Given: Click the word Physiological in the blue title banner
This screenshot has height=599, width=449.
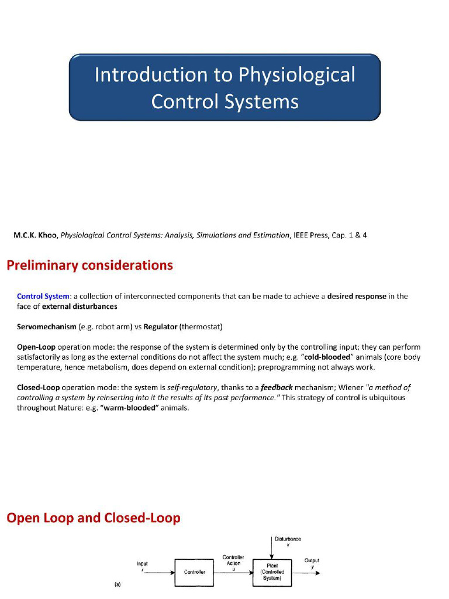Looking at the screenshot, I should pyautogui.click(x=296, y=75).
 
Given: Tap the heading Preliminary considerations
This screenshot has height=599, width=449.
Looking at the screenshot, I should pyautogui.click(x=89, y=265).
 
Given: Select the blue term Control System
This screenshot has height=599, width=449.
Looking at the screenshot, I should pyautogui.click(x=43, y=296).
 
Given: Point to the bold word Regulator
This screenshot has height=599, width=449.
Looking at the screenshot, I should pyautogui.click(x=160, y=326).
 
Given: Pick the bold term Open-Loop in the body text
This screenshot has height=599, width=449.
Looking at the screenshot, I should pyautogui.click(x=36, y=347).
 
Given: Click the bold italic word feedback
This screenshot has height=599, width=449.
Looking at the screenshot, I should pyautogui.click(x=277, y=387).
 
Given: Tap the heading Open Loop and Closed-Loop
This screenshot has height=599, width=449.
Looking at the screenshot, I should pyautogui.click(x=93, y=518).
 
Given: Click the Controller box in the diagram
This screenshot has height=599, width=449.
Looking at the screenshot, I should pyautogui.click(x=195, y=572).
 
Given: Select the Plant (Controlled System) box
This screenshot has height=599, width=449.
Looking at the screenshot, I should pyautogui.click(x=272, y=572).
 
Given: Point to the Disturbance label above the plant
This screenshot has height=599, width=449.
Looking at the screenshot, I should pyautogui.click(x=288, y=539).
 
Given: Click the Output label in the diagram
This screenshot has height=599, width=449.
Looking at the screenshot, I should pyautogui.click(x=312, y=560).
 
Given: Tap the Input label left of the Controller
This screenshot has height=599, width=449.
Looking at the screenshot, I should pyautogui.click(x=142, y=564).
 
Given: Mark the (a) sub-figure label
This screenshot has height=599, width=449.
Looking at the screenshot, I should pyautogui.click(x=118, y=584).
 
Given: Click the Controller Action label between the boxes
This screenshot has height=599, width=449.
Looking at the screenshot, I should pyautogui.click(x=233, y=560).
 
